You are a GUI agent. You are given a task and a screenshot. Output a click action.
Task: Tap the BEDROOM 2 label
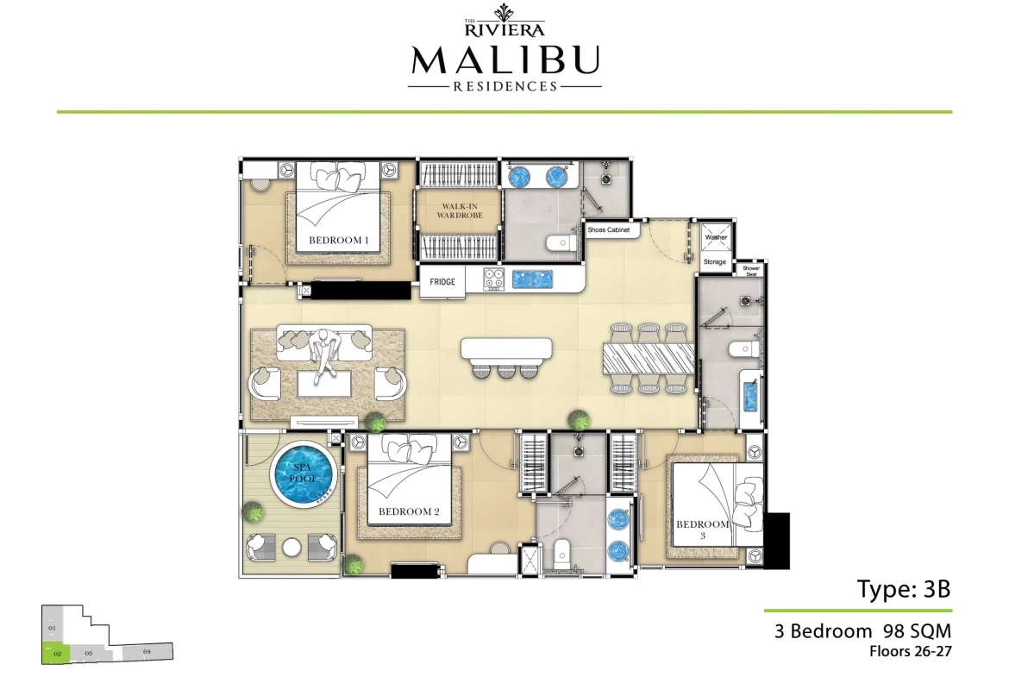409,511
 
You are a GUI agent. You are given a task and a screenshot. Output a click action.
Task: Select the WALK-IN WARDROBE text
457,210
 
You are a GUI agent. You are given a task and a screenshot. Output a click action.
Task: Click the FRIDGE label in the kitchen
443,282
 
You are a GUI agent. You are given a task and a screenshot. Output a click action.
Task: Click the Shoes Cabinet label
609,231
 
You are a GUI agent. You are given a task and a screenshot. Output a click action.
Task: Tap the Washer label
716,237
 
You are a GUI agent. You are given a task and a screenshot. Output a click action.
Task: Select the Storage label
715,261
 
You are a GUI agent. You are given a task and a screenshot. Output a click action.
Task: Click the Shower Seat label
751,271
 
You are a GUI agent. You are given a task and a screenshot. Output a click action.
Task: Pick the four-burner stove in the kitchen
493,279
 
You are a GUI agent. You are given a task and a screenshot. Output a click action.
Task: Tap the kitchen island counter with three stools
505,348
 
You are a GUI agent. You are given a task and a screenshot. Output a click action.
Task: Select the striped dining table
649,358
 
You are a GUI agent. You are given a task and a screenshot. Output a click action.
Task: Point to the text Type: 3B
903,589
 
